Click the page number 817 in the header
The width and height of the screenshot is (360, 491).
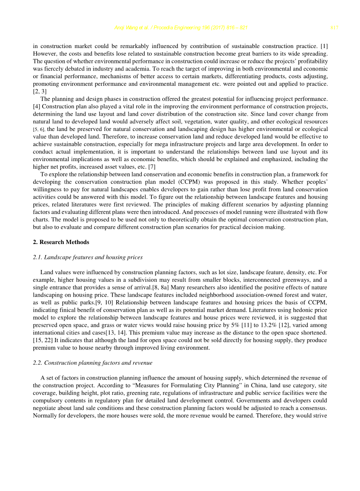(x=334, y=28)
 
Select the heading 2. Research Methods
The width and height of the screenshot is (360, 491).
(x=61, y=242)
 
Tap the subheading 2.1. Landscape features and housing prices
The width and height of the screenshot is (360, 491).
(x=88, y=257)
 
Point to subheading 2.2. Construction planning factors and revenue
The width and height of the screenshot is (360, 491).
(x=92, y=363)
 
